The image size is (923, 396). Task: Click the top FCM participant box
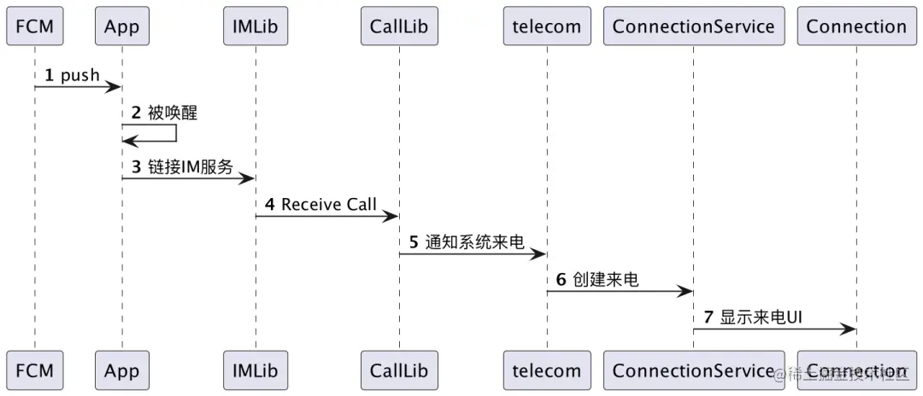tap(35, 26)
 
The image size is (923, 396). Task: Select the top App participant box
tap(121, 26)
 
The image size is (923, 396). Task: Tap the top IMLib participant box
tap(255, 26)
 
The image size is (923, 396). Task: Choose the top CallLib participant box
tap(398, 26)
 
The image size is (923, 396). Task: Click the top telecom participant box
tap(547, 26)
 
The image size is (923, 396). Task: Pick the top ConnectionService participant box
tap(693, 26)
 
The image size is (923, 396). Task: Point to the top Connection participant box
tap(856, 26)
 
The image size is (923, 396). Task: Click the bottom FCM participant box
tap(35, 370)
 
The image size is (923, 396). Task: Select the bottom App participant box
tap(121, 370)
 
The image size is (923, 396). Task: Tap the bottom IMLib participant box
tap(255, 370)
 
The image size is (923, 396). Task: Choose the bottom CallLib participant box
tap(398, 370)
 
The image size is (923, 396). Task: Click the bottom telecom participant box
tap(547, 370)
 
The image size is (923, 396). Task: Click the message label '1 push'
tap(73, 75)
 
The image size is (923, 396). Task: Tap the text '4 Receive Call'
tap(321, 205)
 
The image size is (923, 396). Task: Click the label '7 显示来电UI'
tap(753, 317)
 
